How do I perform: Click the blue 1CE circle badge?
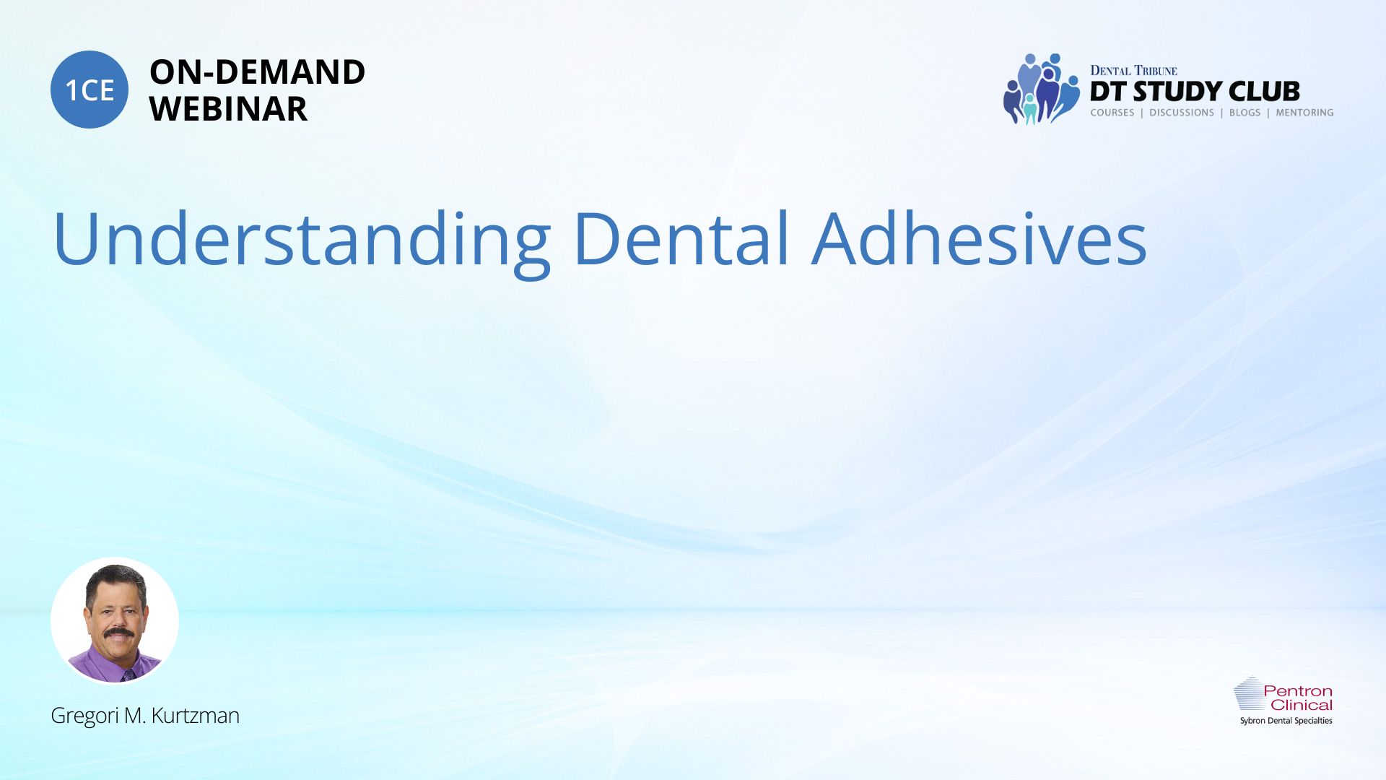point(90,90)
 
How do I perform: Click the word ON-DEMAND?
point(257,72)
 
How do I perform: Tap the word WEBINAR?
point(228,109)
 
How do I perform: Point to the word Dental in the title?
point(681,238)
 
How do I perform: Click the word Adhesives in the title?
point(980,238)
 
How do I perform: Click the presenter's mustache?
point(118,633)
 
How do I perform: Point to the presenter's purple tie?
point(128,675)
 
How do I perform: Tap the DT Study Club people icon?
point(1041,89)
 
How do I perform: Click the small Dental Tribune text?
point(1133,71)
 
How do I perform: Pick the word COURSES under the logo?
point(1112,113)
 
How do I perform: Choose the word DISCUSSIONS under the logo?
point(1182,113)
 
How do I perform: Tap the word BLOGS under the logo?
point(1245,113)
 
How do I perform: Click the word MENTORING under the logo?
point(1304,113)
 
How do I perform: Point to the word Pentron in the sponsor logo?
point(1297,691)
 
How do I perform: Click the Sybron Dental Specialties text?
point(1286,721)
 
